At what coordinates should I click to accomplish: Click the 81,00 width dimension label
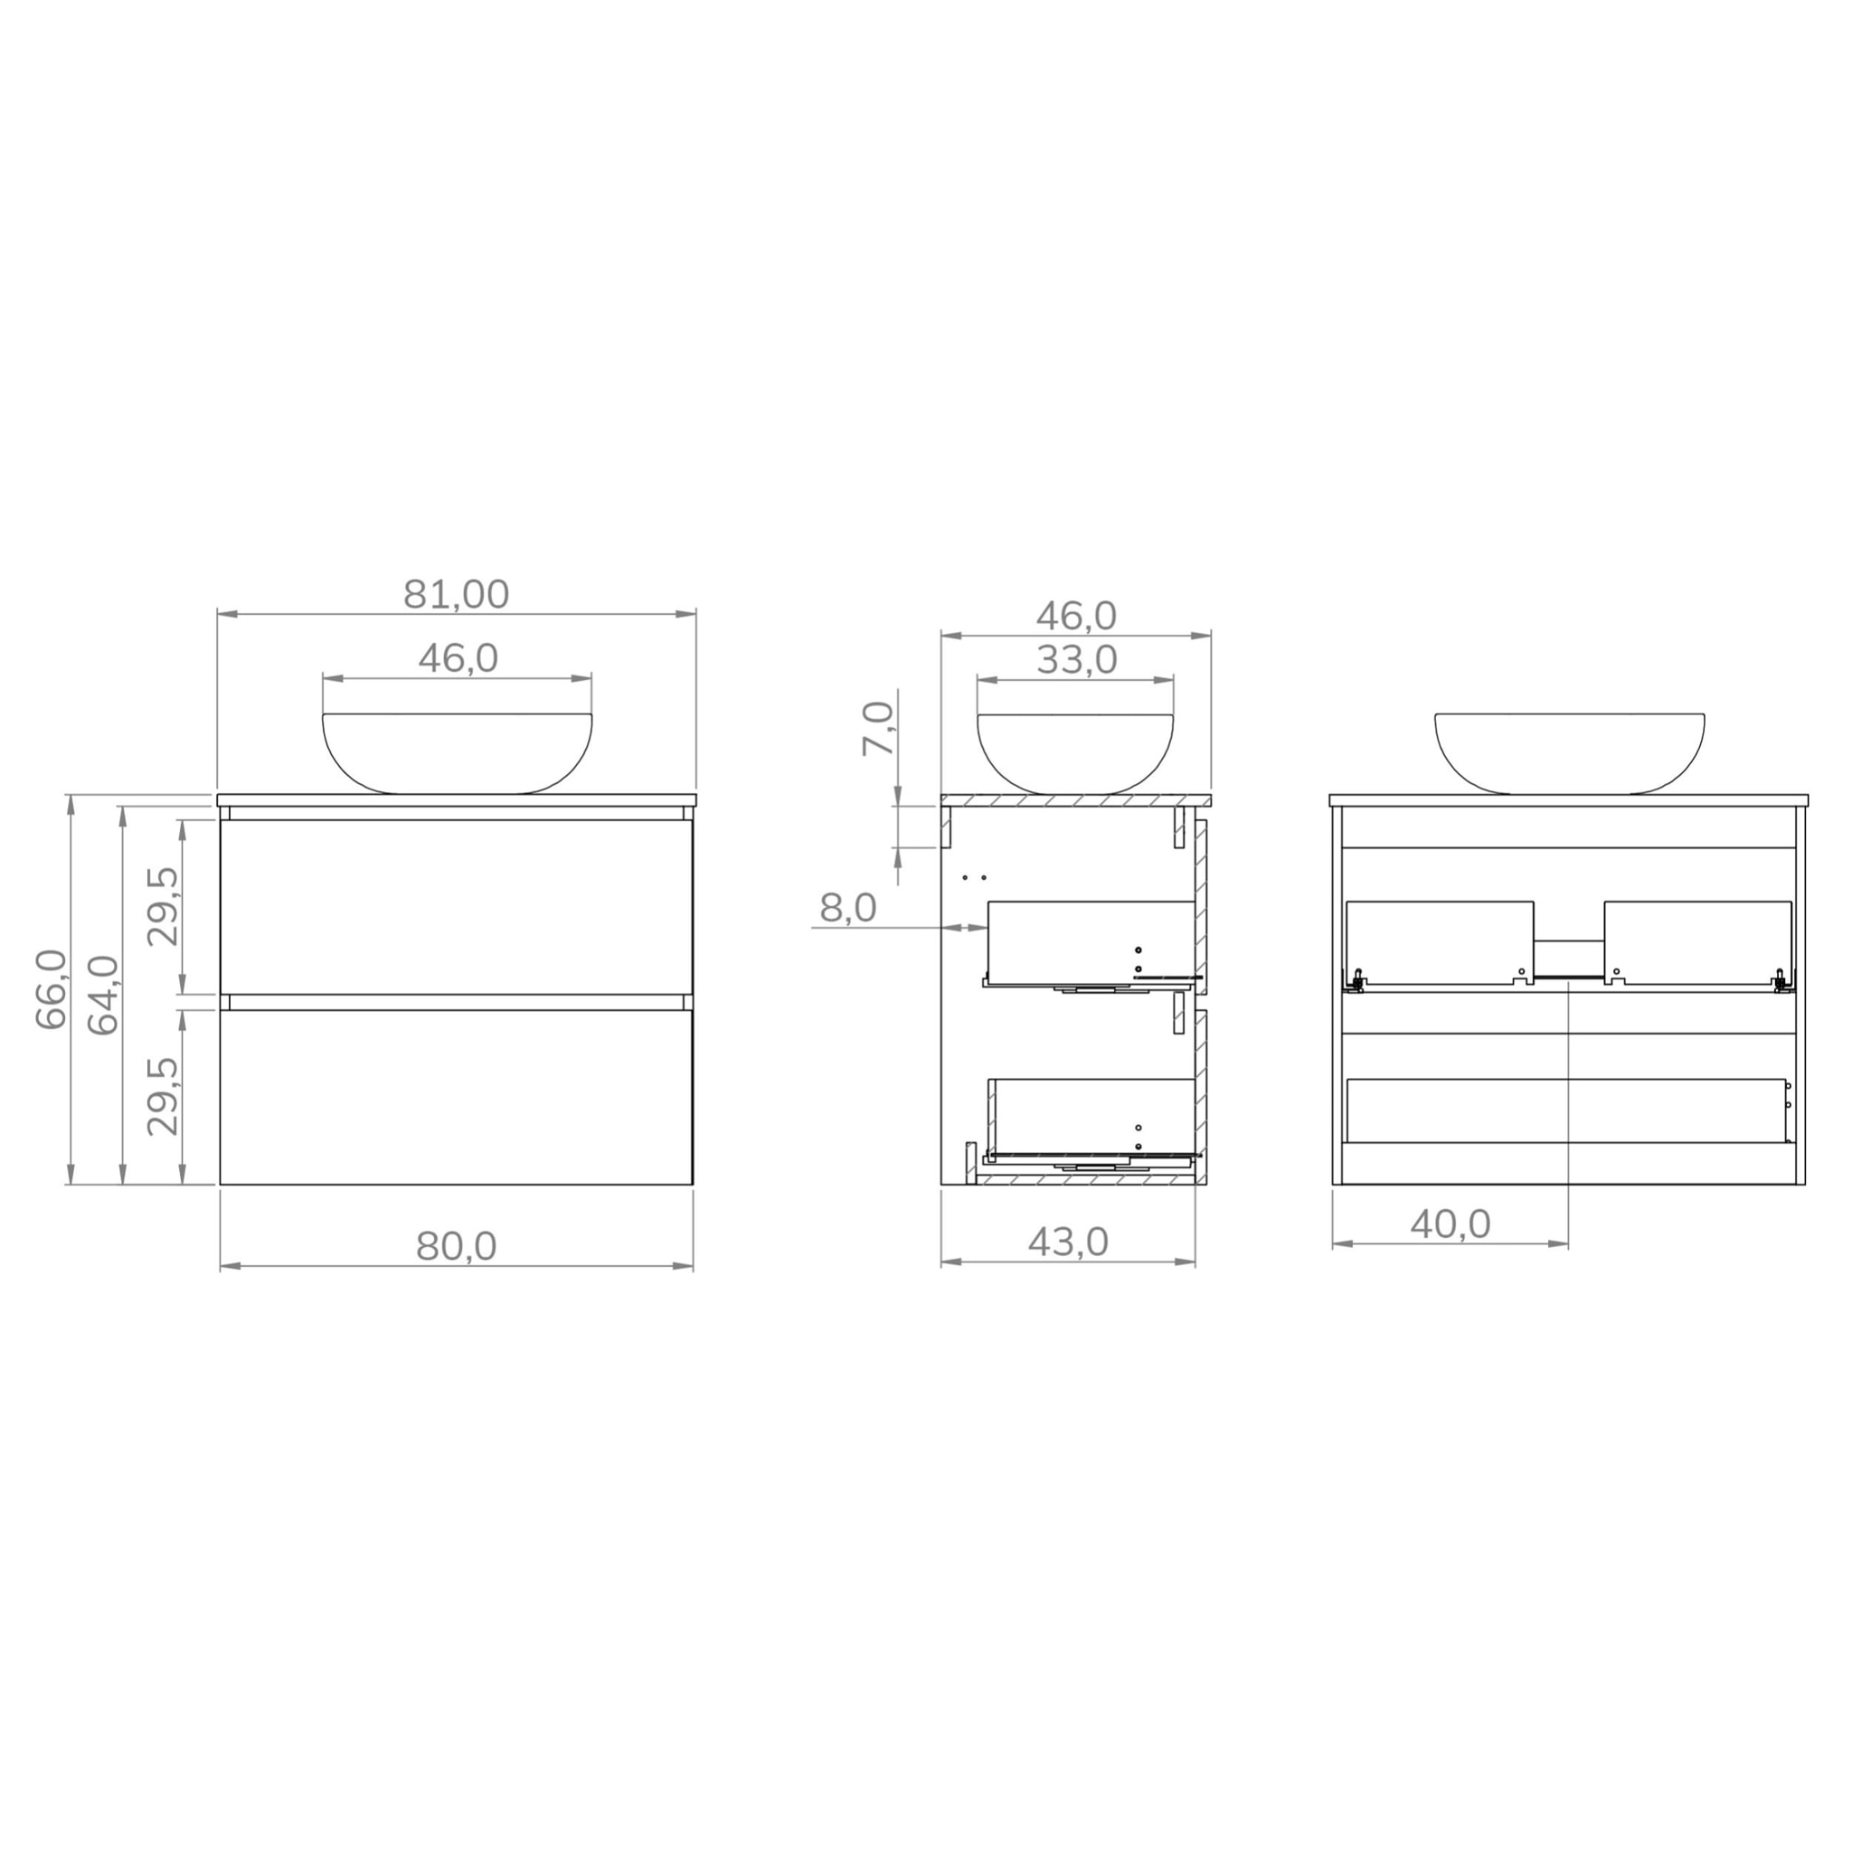click(x=456, y=594)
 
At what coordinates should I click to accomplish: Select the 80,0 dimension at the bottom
click(x=457, y=1246)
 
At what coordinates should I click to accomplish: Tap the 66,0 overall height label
click(x=51, y=988)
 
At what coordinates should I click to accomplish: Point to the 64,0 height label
click(x=103, y=995)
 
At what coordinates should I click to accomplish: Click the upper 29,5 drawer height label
click(x=163, y=906)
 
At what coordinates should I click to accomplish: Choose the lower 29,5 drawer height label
click(x=163, y=1096)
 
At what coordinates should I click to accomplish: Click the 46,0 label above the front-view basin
click(x=458, y=657)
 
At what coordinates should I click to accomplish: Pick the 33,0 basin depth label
click(x=1075, y=659)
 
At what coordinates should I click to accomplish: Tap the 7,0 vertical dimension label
click(x=877, y=729)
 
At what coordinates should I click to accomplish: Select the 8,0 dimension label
click(x=847, y=907)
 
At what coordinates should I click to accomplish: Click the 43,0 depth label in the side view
click(x=1067, y=1243)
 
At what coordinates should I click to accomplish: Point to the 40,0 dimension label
click(x=1450, y=1224)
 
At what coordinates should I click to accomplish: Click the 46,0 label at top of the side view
click(x=1075, y=616)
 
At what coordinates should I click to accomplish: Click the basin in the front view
click(x=458, y=752)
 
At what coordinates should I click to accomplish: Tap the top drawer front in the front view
click(x=457, y=906)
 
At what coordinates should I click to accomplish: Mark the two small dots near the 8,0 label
click(x=974, y=878)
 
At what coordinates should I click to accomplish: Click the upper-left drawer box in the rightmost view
click(x=1439, y=941)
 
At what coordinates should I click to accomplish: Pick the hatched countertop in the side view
click(x=1075, y=799)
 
